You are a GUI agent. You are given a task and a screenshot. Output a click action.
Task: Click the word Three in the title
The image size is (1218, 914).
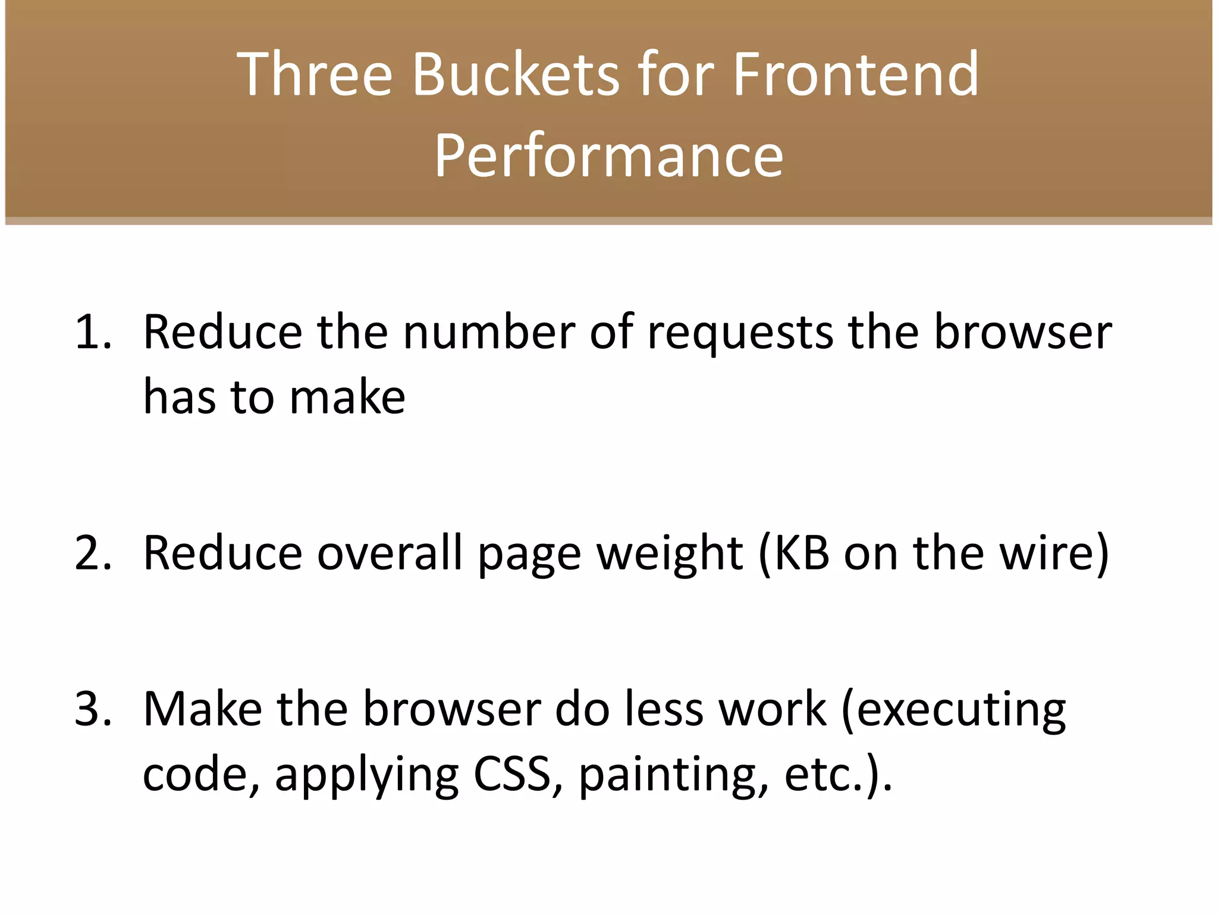coord(315,74)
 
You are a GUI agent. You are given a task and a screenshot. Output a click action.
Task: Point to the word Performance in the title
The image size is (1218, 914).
coord(608,156)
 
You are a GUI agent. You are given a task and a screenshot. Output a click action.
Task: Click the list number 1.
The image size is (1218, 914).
coord(92,332)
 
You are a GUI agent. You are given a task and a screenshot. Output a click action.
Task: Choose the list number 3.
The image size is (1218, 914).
coord(92,709)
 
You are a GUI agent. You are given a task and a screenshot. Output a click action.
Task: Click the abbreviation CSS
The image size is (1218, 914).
coord(512,775)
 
